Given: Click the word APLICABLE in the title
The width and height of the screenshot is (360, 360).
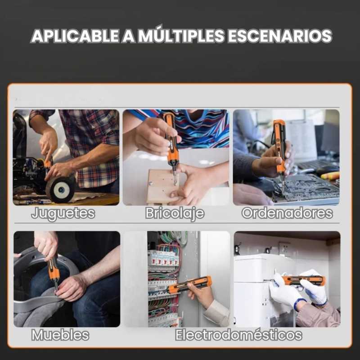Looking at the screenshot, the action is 75,36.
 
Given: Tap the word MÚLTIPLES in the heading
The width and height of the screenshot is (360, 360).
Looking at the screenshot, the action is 181,35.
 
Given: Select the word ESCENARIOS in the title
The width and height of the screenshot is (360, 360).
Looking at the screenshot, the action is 280,36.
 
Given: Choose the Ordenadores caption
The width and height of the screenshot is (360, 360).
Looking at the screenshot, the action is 287,213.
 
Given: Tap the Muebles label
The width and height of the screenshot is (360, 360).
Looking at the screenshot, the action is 60,335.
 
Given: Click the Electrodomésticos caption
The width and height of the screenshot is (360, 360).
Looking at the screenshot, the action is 238,335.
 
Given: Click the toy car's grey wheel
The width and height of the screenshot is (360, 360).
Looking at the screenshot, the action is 60,189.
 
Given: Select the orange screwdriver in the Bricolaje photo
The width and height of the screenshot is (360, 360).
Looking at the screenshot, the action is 171,147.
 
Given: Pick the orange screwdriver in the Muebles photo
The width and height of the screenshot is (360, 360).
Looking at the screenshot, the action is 54,273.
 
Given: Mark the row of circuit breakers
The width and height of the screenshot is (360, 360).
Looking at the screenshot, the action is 163,260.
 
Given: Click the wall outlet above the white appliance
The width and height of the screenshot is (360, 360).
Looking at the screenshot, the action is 284,248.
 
